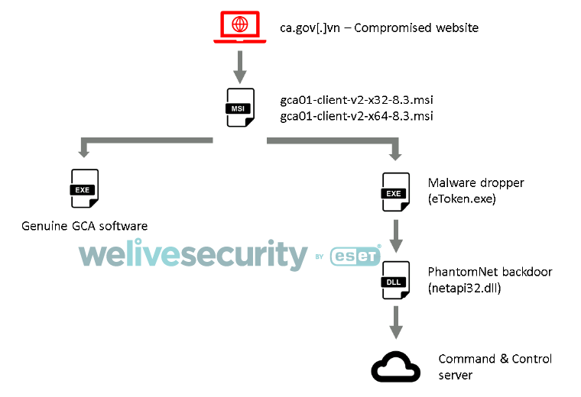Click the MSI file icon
pyautogui.click(x=239, y=108)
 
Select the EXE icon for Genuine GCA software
pyautogui.click(x=83, y=189)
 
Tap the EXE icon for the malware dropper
pyautogui.click(x=394, y=192)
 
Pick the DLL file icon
pyautogui.click(x=394, y=280)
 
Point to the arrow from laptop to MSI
pyautogui.click(x=240, y=67)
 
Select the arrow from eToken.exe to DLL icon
pyautogui.click(x=394, y=237)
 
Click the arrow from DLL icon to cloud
pyautogui.click(x=394, y=322)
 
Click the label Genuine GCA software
pyautogui.click(x=84, y=226)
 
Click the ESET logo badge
pyautogui.click(x=355, y=257)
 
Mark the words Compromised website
pyautogui.click(x=417, y=28)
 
